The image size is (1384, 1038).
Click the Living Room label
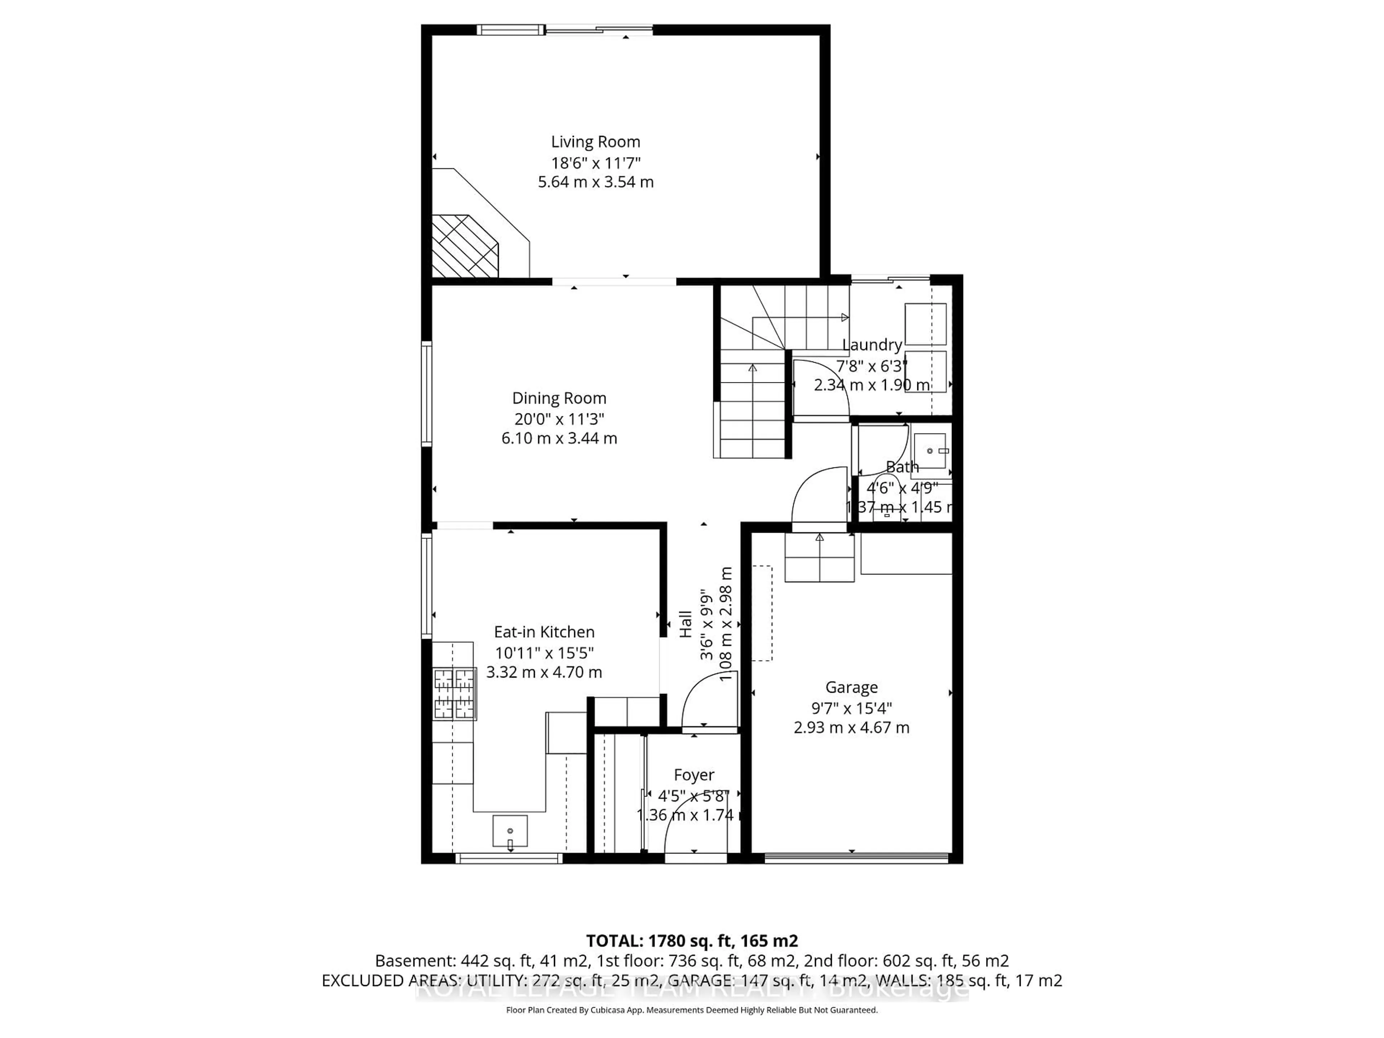595,142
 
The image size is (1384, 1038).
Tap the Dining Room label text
559,399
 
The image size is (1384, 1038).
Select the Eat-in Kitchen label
544,632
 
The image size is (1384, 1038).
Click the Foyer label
694,775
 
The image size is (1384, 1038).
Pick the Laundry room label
871,345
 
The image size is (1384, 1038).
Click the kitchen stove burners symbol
454,694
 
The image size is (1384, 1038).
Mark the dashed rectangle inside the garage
762,613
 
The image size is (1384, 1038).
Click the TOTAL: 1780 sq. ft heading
691,941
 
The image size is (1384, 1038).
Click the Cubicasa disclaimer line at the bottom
691,1010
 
